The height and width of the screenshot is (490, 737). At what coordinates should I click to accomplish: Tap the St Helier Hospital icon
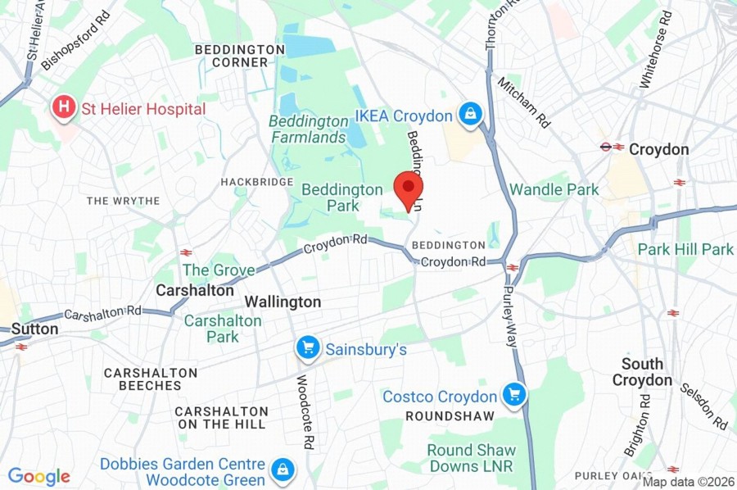pyautogui.click(x=62, y=108)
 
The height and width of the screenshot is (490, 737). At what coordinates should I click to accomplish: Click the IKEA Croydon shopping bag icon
pyautogui.click(x=470, y=116)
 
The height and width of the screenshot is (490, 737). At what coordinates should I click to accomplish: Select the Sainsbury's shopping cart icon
pyautogui.click(x=308, y=349)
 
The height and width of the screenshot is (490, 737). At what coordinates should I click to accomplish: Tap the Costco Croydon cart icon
pyautogui.click(x=515, y=397)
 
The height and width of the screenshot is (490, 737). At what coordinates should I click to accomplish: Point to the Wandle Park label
pyautogui.click(x=554, y=189)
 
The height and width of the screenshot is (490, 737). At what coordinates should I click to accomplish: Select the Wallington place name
pyautogui.click(x=283, y=302)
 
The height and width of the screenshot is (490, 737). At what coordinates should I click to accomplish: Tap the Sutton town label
pyautogui.click(x=34, y=329)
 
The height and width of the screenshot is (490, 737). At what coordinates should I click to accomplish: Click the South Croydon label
pyautogui.click(x=642, y=371)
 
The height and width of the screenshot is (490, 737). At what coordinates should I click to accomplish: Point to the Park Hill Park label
pyautogui.click(x=685, y=249)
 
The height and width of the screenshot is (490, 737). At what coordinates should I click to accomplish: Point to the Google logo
pyautogui.click(x=38, y=476)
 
